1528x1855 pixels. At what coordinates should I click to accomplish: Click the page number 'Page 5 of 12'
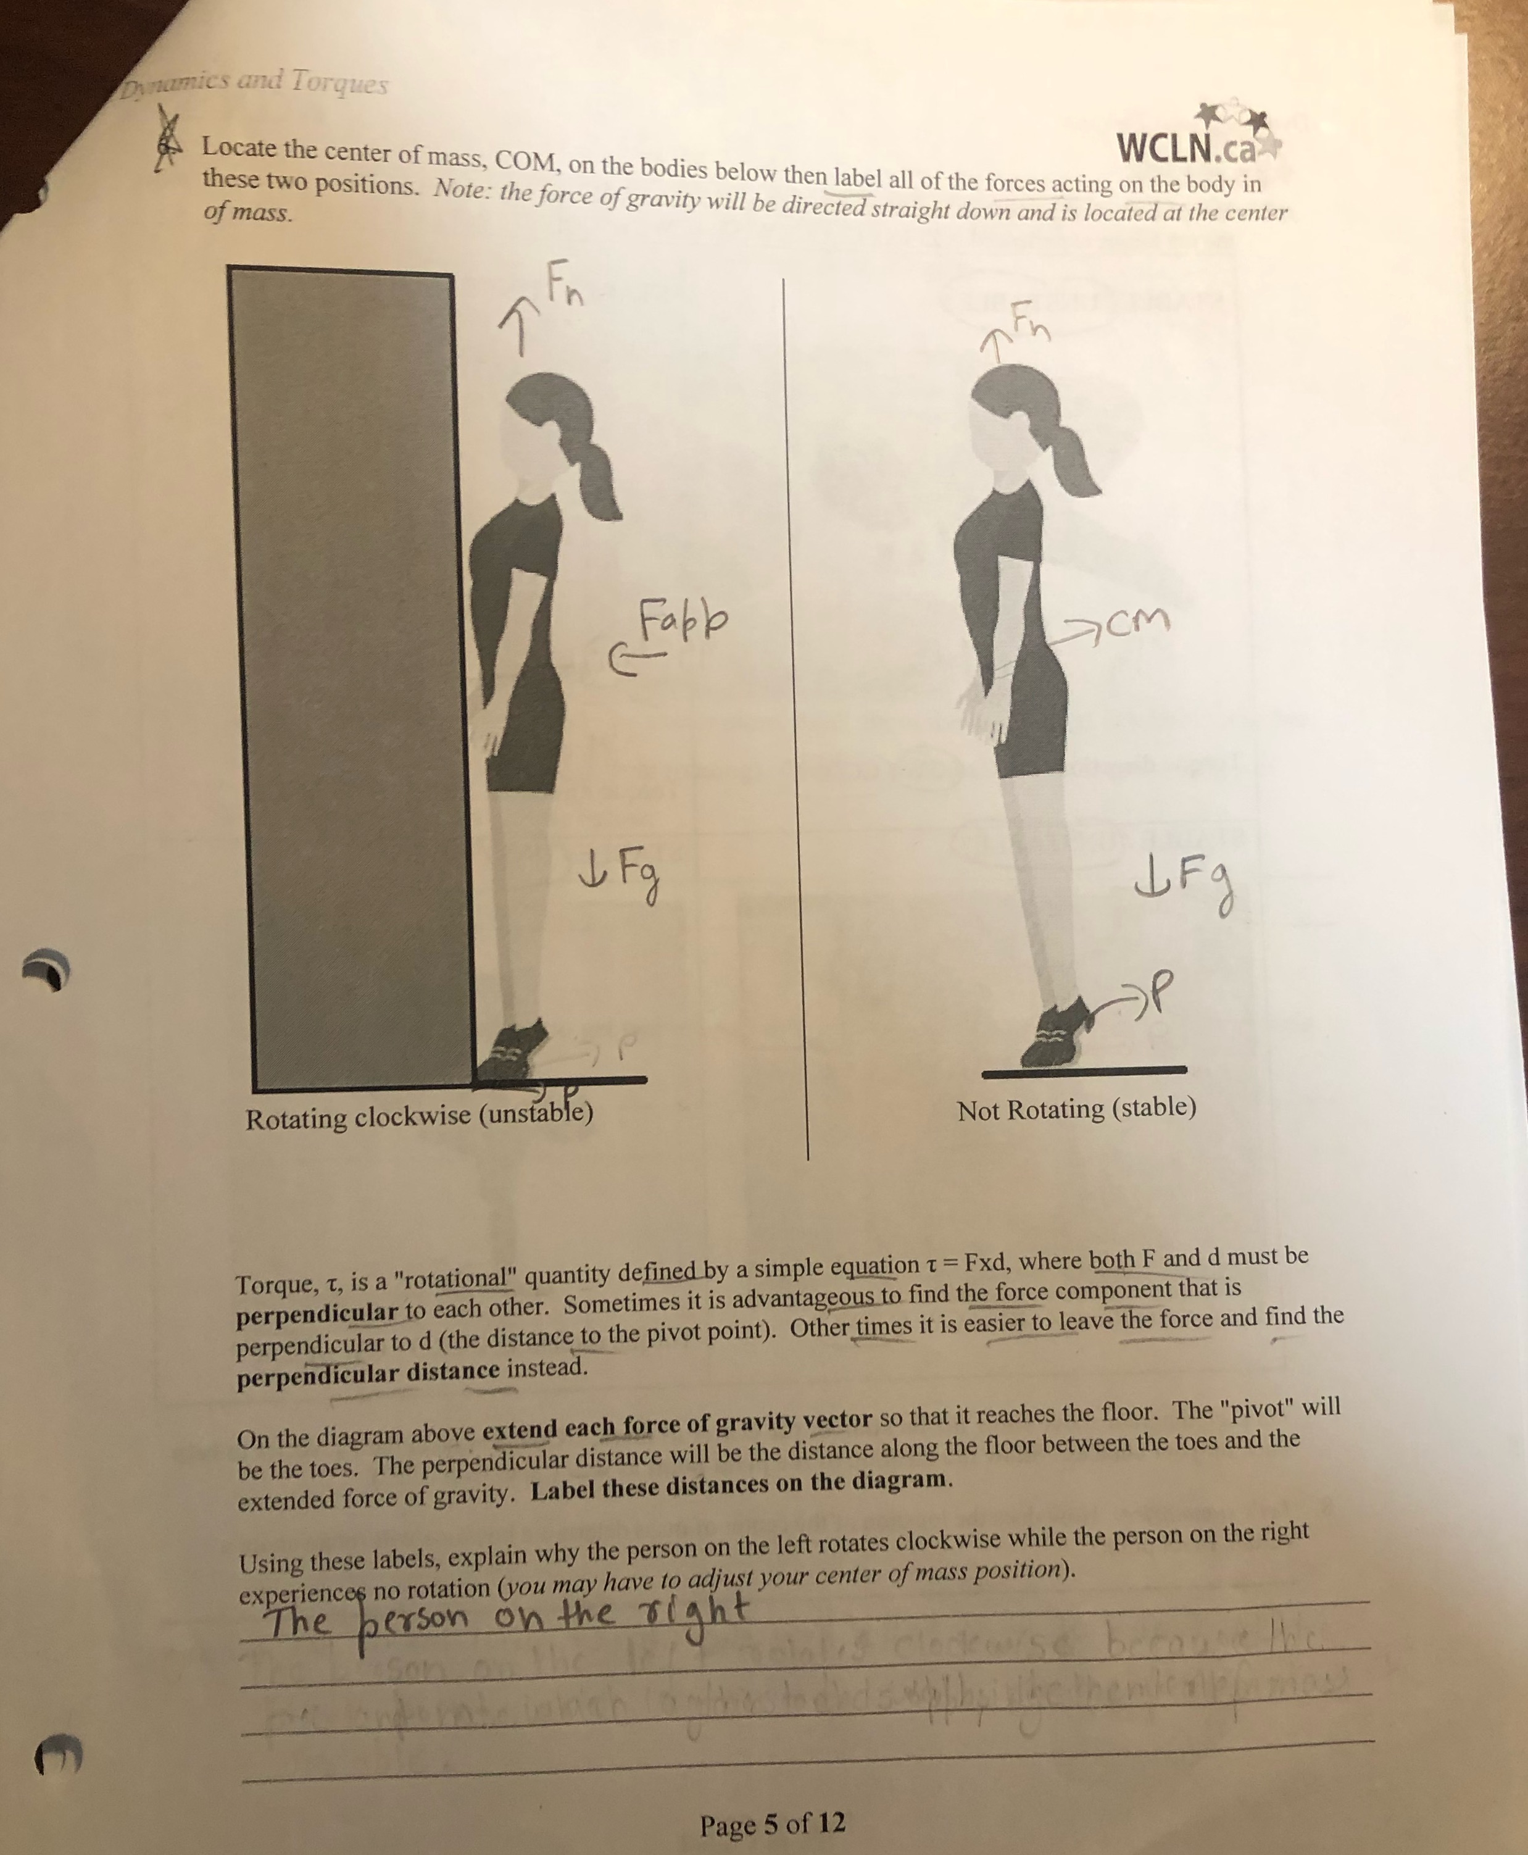(772, 1824)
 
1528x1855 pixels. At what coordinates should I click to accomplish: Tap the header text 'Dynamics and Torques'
(255, 83)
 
